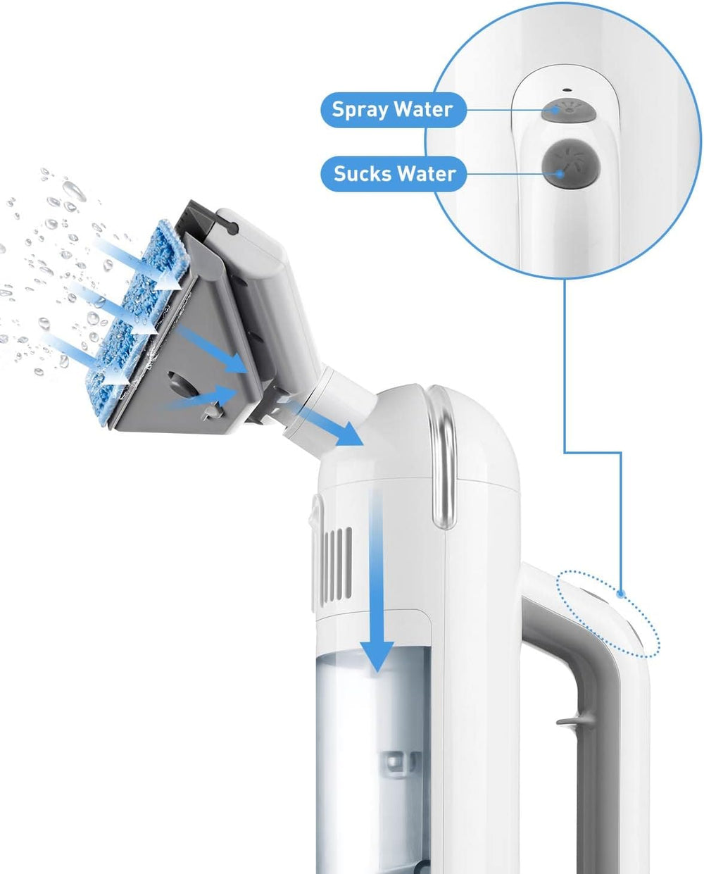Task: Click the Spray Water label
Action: click(393, 110)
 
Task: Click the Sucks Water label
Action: click(393, 174)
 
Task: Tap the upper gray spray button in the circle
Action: click(568, 109)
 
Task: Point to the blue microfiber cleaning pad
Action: click(134, 321)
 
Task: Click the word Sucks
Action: click(362, 174)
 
